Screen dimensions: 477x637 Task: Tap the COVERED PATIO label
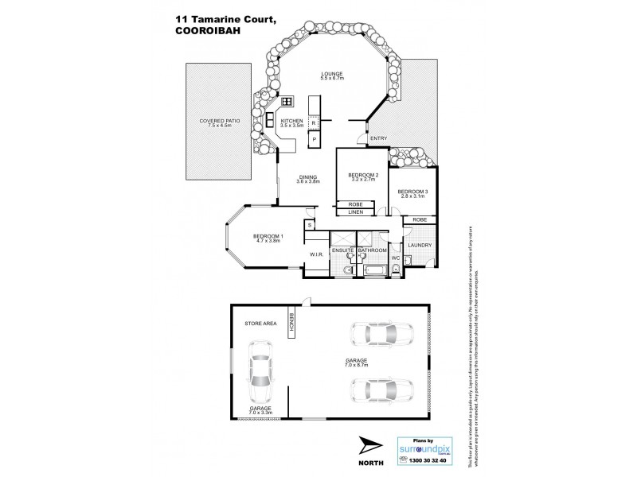[x=217, y=122]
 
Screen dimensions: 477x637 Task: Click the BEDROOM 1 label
[x=269, y=236]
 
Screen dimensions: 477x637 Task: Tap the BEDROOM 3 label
[x=412, y=191]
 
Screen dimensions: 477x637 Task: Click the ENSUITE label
[x=343, y=251]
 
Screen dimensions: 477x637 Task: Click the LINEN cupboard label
[x=355, y=212]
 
